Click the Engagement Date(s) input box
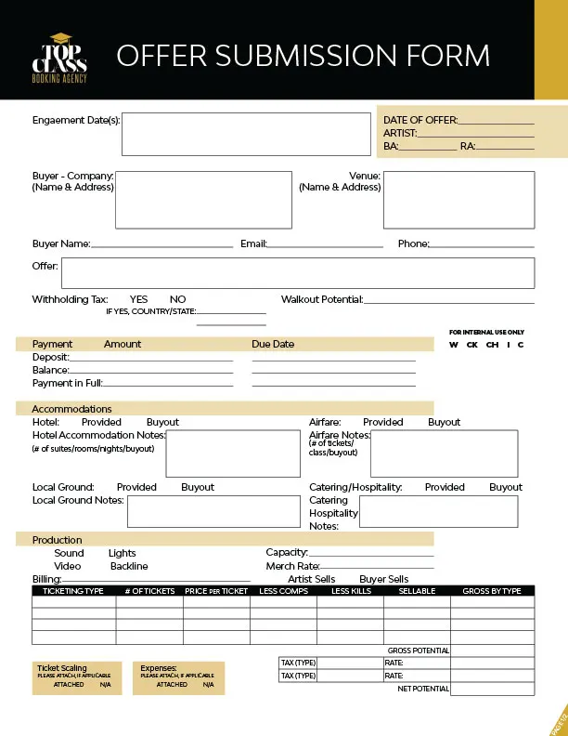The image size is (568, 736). click(245, 135)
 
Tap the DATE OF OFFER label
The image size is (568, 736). click(420, 120)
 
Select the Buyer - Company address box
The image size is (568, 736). click(203, 199)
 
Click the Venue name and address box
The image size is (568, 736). click(458, 199)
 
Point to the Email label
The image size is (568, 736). click(253, 243)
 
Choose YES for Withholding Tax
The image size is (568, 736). click(139, 299)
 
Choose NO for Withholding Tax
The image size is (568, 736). click(178, 299)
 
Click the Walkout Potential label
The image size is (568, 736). click(321, 299)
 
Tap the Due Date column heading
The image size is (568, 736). click(273, 344)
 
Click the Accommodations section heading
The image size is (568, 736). click(71, 409)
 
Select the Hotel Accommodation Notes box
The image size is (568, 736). click(230, 453)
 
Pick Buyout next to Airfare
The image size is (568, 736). click(444, 422)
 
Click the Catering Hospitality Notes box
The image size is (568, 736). click(438, 511)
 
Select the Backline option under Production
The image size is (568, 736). click(129, 566)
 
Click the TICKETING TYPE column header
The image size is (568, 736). click(73, 591)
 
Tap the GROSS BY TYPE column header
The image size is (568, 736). click(492, 591)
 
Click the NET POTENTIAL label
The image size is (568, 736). click(423, 689)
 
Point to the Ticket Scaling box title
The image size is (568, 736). click(62, 668)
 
